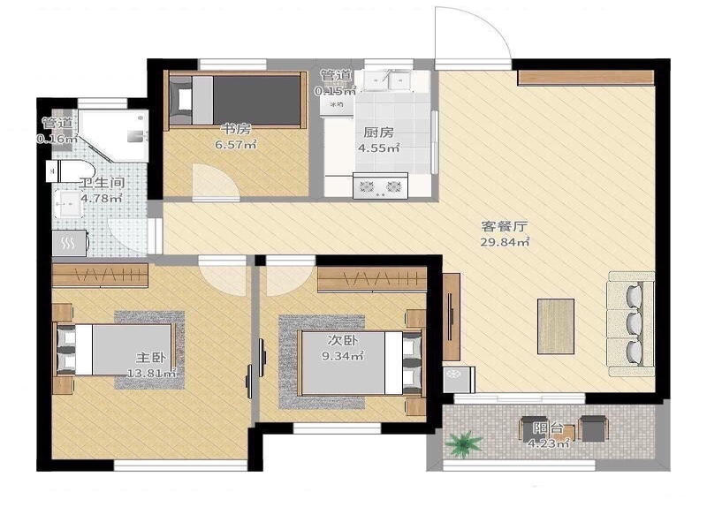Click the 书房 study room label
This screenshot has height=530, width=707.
click(x=235, y=129)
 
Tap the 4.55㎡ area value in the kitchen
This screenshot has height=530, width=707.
click(x=379, y=148)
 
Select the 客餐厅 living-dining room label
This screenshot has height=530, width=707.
click(x=504, y=226)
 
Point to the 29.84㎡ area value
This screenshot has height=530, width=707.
click(x=504, y=242)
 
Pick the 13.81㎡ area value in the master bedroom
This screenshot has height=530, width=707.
click(x=151, y=373)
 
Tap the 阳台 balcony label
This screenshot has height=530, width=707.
click(x=548, y=428)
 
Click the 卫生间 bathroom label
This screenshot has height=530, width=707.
click(x=102, y=183)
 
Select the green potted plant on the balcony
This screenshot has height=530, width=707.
click(x=463, y=444)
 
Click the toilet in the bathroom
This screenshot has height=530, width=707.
click(x=70, y=170)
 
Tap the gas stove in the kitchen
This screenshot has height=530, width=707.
click(x=380, y=185)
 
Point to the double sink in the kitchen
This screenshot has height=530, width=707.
click(x=386, y=80)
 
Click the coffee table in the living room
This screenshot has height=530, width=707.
click(x=556, y=326)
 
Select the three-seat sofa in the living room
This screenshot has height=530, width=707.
click(x=631, y=323)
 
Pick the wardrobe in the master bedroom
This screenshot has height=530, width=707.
click(x=100, y=276)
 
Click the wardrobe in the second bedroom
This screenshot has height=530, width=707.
click(x=372, y=279)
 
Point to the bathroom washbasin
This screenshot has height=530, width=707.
click(x=68, y=204)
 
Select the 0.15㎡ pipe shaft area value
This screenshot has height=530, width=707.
click(x=336, y=91)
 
